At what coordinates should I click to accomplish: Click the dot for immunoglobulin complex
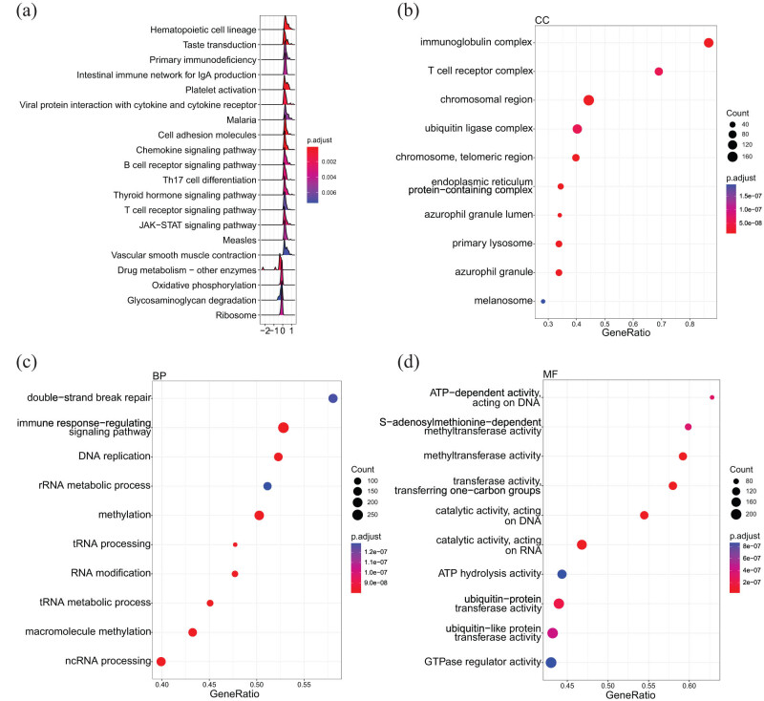point(709,43)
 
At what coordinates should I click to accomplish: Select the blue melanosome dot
point(543,301)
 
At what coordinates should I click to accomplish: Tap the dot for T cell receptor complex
point(659,72)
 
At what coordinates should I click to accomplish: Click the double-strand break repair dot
point(333,398)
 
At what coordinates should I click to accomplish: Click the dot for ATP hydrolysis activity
point(562,574)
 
